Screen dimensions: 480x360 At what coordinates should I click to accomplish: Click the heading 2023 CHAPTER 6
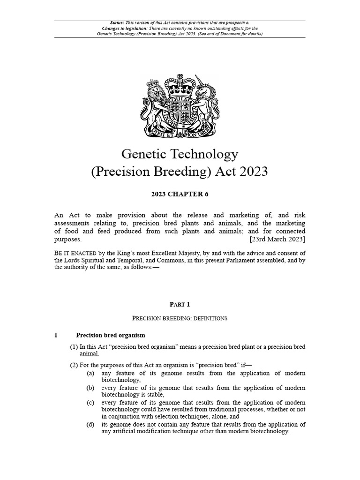click(x=180, y=194)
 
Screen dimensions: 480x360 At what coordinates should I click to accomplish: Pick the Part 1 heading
click(x=180, y=304)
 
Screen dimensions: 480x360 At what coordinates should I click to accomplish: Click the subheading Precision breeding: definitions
click(x=180, y=318)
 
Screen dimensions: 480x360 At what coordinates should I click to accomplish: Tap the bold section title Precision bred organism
click(x=111, y=335)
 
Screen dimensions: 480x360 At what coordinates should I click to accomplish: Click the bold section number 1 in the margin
click(x=56, y=335)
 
